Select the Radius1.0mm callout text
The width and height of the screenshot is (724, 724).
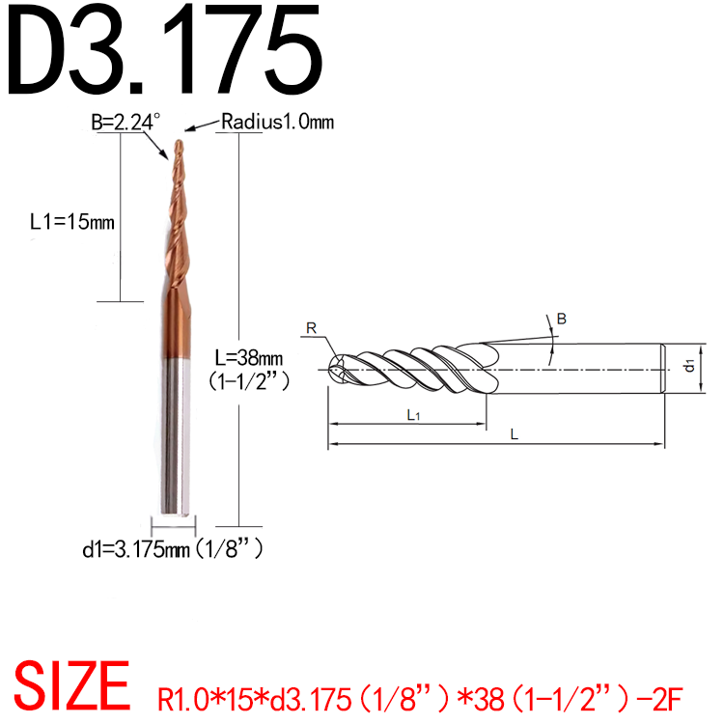coord(276,122)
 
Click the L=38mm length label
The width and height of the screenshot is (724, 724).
coord(249,357)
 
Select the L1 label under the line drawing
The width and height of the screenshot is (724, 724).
coord(411,414)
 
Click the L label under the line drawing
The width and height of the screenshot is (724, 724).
coord(514,435)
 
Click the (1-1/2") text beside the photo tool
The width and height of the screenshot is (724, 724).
coord(250,380)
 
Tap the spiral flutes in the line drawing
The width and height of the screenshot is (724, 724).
coord(415,367)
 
